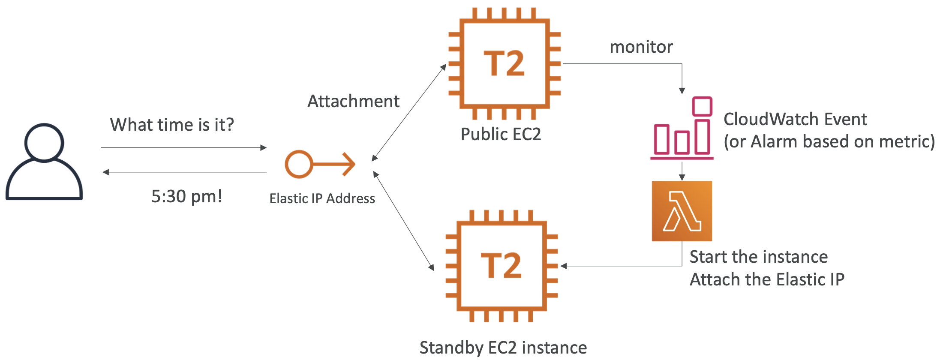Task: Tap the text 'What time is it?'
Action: tap(172, 125)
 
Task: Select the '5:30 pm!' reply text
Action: tap(187, 196)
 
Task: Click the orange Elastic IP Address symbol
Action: tap(320, 164)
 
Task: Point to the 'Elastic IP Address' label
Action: tap(322, 198)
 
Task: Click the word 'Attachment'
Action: tap(354, 101)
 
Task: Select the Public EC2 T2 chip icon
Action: tap(505, 63)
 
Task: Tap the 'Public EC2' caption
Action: tap(501, 134)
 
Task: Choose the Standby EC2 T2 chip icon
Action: tap(502, 266)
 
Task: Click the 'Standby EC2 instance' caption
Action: tap(503, 348)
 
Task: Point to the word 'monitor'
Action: tap(641, 47)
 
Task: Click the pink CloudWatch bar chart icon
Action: tap(682, 129)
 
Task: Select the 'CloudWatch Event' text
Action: tap(795, 119)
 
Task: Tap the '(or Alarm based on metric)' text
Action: tap(829, 141)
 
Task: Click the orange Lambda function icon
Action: tap(682, 211)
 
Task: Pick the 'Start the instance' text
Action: tap(759, 257)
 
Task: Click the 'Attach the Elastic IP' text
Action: tap(767, 279)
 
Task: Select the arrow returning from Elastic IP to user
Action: tap(184, 172)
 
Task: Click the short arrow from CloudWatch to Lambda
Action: tap(682, 171)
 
